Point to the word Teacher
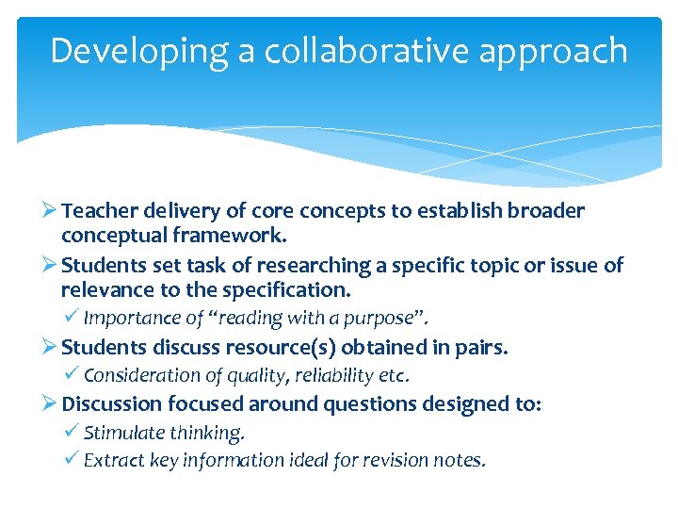[100, 211]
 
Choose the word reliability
[330, 376]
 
